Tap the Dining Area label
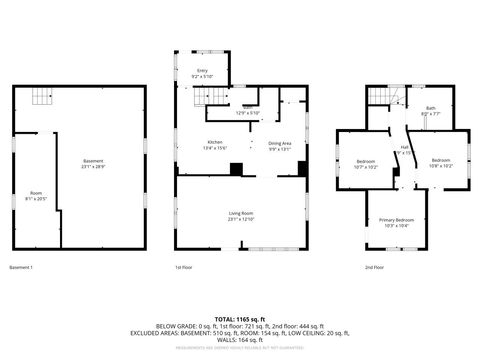coord(280,144)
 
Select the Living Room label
coord(241,215)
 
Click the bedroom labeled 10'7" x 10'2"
coord(366,164)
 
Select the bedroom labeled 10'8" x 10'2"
coord(442,163)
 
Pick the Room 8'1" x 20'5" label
coord(36,195)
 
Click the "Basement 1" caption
coord(21,267)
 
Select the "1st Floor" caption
coord(183,267)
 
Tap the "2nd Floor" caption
coord(375,267)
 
